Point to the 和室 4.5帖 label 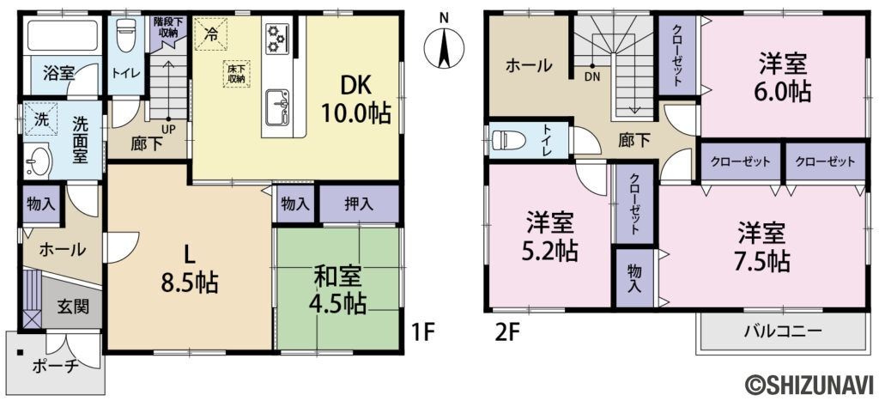336,290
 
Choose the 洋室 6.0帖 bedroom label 784,76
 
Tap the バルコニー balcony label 782,331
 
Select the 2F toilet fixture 507,140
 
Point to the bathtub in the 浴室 62,34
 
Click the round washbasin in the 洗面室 38,161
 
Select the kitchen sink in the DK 277,107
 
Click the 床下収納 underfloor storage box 236,74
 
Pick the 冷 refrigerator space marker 211,33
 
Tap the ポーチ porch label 55,368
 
